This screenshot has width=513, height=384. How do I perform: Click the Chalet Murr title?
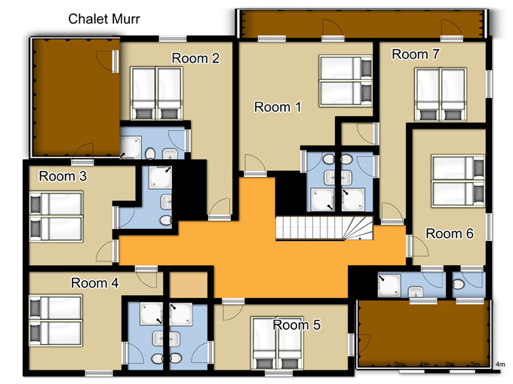(104, 19)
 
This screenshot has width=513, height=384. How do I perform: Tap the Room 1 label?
(278, 107)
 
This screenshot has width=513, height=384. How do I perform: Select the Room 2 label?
(195, 58)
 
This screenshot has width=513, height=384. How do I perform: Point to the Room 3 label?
(63, 176)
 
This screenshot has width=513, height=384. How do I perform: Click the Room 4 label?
(95, 283)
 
